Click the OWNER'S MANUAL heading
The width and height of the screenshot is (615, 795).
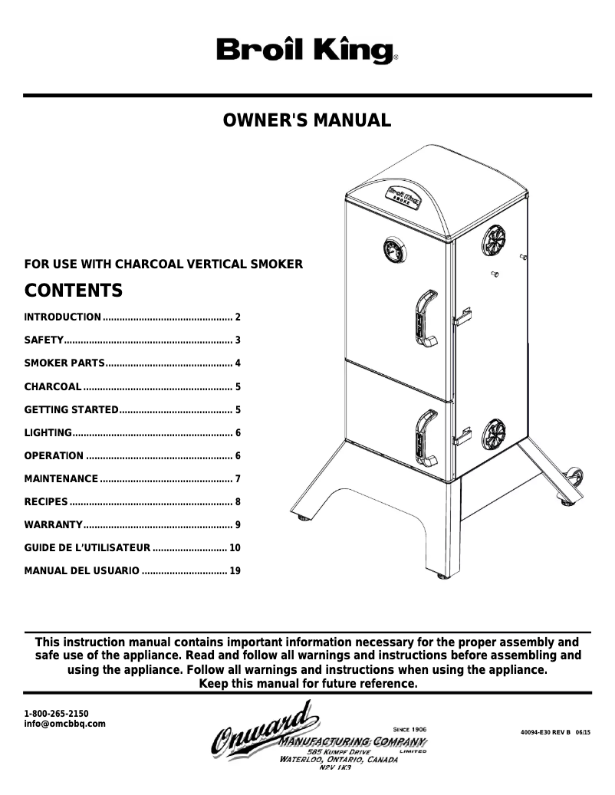(307, 120)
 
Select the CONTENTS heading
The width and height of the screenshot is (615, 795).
(74, 291)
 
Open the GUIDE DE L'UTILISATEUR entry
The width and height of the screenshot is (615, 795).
(87, 548)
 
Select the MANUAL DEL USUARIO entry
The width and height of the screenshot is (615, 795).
(82, 571)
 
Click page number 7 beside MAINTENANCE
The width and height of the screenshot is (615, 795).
(238, 479)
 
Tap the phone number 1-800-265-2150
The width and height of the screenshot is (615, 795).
(57, 713)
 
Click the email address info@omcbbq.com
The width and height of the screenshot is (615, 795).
(65, 724)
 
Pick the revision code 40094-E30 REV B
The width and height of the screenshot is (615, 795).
(546, 732)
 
